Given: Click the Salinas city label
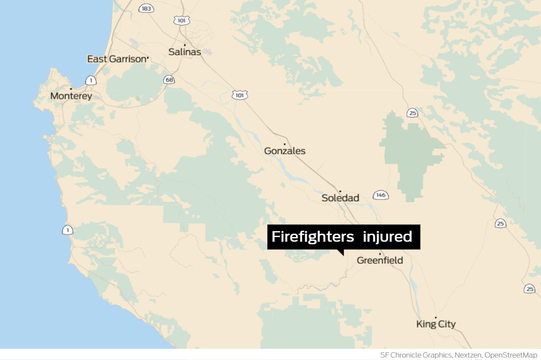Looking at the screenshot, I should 185,52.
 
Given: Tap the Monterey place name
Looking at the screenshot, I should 71,96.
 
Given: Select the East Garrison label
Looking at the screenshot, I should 116,59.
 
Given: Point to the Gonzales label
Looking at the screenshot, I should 284,151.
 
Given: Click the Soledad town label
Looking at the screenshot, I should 340,198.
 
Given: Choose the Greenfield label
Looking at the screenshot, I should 380,260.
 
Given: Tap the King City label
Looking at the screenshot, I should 436,324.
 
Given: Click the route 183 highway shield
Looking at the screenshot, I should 146,8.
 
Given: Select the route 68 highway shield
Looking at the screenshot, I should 169,80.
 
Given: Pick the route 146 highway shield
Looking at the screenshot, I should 380,195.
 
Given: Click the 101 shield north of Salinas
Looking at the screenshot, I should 181,20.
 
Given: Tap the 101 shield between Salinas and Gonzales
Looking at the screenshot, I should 240,95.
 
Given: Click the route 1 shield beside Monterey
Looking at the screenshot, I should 91,80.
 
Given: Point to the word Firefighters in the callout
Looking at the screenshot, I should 312,237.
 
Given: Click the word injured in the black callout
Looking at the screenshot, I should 387,237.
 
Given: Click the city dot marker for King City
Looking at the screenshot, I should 436,318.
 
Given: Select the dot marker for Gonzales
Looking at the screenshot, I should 284,144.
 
